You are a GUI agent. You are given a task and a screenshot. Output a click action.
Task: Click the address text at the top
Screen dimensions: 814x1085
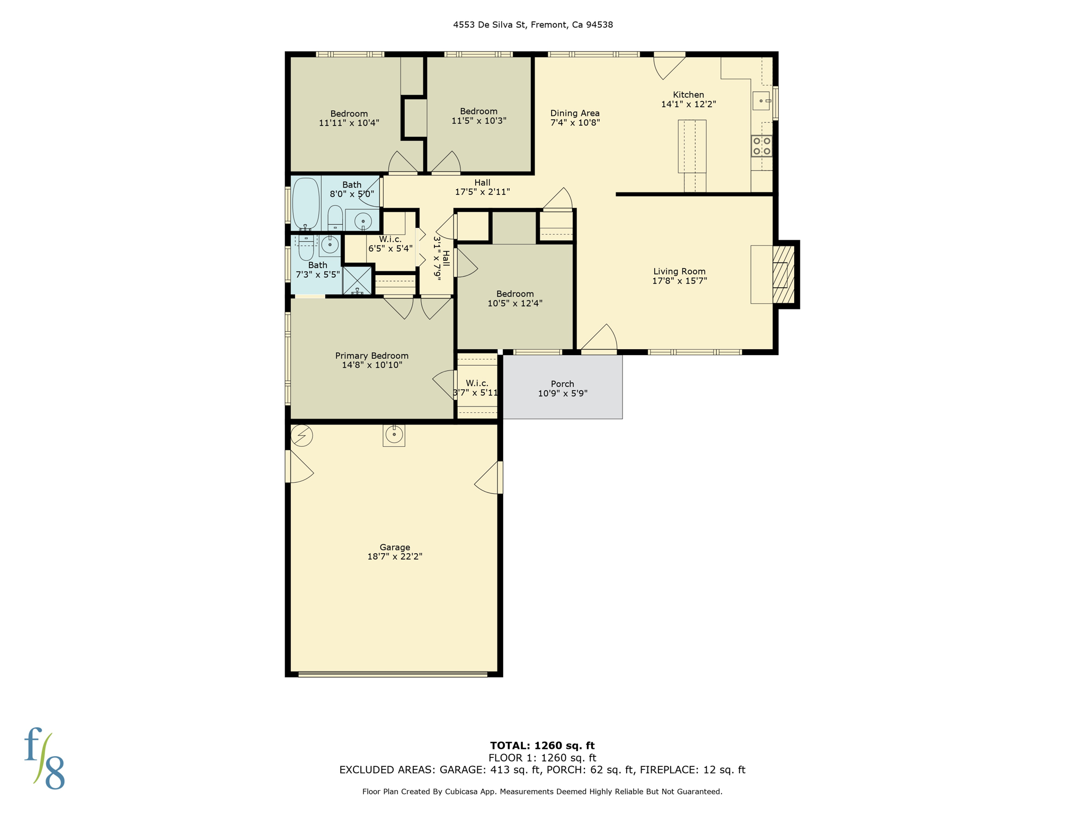click(x=532, y=25)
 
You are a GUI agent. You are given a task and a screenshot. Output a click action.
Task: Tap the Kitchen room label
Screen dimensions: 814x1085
click(x=688, y=95)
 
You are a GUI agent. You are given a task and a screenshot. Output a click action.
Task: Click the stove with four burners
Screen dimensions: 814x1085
click(x=761, y=146)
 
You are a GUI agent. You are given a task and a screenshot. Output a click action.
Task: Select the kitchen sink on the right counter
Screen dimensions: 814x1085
click(x=761, y=101)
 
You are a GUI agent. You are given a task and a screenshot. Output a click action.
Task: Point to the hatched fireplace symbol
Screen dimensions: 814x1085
click(x=784, y=275)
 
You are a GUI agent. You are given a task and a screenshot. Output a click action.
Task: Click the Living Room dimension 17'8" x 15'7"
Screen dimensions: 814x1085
click(x=679, y=281)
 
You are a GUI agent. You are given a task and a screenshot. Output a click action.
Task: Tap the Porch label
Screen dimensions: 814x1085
click(x=562, y=384)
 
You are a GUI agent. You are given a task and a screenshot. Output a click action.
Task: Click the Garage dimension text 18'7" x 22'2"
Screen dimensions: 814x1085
click(x=394, y=556)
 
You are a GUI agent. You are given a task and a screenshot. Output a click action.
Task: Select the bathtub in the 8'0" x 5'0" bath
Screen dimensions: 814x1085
click(x=306, y=203)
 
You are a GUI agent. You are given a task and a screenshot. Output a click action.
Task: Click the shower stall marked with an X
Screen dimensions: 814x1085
click(x=357, y=280)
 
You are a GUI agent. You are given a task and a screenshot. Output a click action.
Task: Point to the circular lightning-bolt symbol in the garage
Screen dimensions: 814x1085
click(x=301, y=436)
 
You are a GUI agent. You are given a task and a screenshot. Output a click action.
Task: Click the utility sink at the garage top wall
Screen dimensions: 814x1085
click(x=394, y=435)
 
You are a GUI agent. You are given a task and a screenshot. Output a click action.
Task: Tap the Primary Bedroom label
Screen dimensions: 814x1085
click(x=371, y=356)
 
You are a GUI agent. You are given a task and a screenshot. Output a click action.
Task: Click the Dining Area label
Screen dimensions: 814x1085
click(x=575, y=113)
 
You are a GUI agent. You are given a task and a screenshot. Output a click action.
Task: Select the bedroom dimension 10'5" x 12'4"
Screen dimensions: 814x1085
click(x=514, y=304)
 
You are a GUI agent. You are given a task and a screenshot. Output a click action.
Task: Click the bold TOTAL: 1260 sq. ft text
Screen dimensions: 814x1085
click(x=542, y=746)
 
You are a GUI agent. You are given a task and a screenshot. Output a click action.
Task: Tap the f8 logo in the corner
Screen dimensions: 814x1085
click(x=45, y=758)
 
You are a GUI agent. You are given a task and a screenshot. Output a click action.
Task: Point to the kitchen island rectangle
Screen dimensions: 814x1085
click(x=692, y=146)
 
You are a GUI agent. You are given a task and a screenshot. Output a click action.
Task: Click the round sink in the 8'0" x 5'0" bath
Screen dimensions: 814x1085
click(x=363, y=220)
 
